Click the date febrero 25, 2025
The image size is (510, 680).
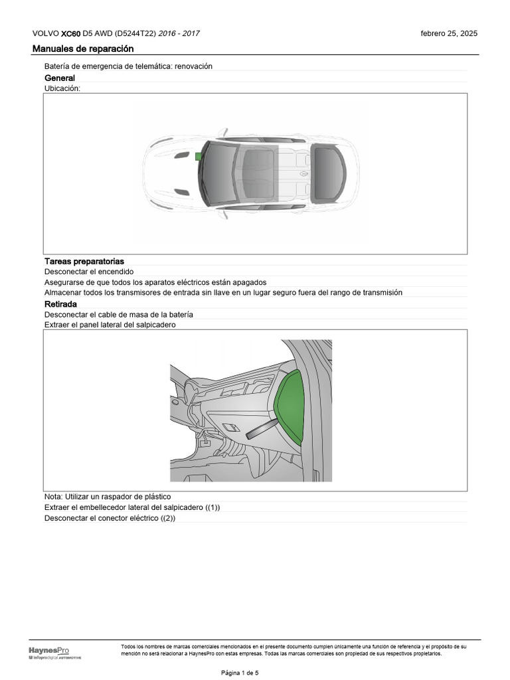[x=449, y=34]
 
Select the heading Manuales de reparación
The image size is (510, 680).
[x=83, y=49]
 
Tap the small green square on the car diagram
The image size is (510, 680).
[x=198, y=156]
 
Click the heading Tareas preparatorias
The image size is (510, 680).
[x=84, y=262]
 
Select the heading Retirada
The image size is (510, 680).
[x=61, y=304]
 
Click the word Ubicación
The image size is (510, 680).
[x=62, y=88]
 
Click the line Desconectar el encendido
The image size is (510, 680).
[x=89, y=272]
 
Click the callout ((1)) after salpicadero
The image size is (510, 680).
[x=211, y=507]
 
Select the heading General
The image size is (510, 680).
[x=60, y=78]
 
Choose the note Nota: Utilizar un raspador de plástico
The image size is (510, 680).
[x=108, y=497]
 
